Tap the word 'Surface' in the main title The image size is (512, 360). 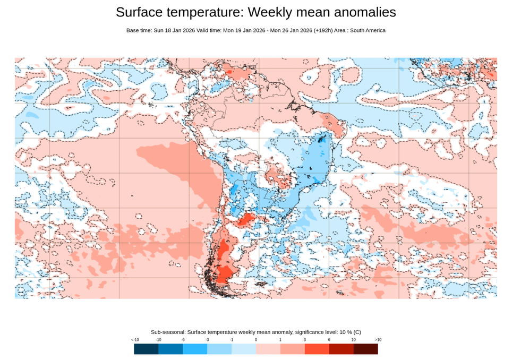(140, 12)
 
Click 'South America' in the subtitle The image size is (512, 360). (366, 30)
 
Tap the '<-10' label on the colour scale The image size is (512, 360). (135, 339)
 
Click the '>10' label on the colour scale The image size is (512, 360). (378, 339)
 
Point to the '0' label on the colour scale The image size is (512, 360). (256, 339)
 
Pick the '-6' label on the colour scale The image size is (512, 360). (183, 339)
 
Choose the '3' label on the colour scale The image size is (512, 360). (305, 339)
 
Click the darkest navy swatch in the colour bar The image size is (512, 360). (146, 349)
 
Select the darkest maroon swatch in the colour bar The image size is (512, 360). (365, 349)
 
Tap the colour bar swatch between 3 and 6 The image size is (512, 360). (317, 349)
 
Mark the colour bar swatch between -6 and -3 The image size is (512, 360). (195, 349)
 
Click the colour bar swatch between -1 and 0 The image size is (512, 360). (244, 349)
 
